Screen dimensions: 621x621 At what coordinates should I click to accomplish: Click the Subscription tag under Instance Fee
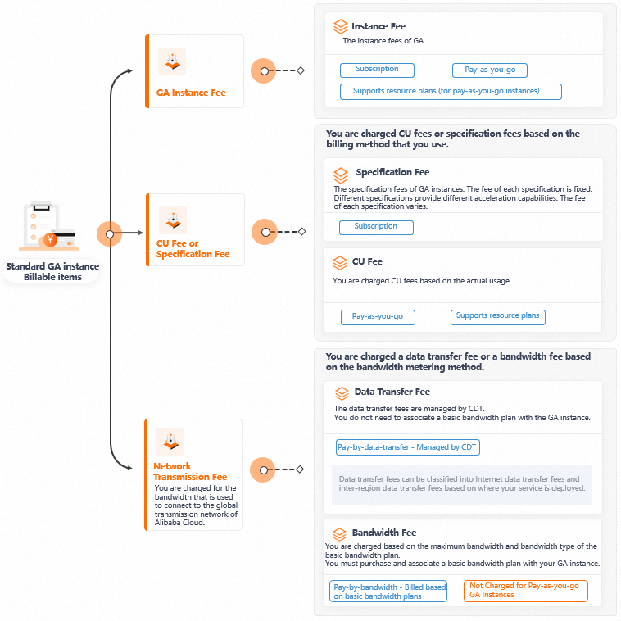tap(377, 70)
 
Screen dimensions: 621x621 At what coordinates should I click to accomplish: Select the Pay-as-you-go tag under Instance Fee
tap(489, 70)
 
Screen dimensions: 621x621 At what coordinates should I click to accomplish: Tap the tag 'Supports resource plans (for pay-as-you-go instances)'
tap(451, 92)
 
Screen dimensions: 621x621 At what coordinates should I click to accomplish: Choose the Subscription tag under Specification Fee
tap(376, 227)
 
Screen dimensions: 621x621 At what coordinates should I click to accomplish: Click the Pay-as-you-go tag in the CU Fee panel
tap(378, 317)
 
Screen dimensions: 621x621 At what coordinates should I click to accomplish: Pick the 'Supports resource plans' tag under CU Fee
tap(497, 316)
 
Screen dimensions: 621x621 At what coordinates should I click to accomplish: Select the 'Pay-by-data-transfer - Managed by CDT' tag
tap(407, 447)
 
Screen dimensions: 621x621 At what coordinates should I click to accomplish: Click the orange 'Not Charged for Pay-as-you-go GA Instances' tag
tap(526, 591)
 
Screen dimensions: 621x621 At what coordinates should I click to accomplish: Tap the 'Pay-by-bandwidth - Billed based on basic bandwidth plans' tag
tap(389, 592)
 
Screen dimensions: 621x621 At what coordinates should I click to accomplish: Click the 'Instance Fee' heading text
tap(378, 27)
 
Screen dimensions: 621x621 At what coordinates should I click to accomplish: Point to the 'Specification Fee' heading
tap(392, 173)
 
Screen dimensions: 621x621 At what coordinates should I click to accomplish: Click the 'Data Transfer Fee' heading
tap(392, 392)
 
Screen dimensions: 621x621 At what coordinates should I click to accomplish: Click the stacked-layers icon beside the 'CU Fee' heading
tap(340, 263)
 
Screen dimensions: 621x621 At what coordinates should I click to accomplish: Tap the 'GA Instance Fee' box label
tap(191, 93)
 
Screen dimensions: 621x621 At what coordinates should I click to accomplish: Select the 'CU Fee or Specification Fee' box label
tap(193, 249)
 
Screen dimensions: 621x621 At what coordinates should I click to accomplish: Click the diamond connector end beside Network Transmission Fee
tap(301, 469)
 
